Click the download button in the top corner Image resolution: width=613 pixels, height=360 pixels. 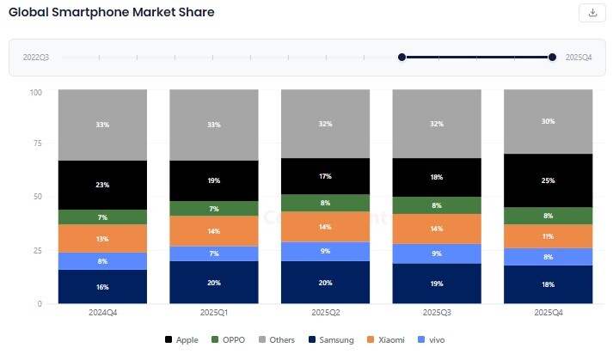click(x=592, y=12)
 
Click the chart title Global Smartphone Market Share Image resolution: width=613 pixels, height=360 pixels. click(x=112, y=13)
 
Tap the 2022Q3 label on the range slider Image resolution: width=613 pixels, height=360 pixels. click(x=35, y=58)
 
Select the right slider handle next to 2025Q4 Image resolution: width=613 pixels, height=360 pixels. click(x=552, y=58)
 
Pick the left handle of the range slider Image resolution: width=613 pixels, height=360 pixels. click(x=402, y=58)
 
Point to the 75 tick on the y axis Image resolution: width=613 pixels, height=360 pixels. click(x=36, y=143)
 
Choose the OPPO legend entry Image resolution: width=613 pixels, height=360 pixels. click(x=230, y=340)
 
